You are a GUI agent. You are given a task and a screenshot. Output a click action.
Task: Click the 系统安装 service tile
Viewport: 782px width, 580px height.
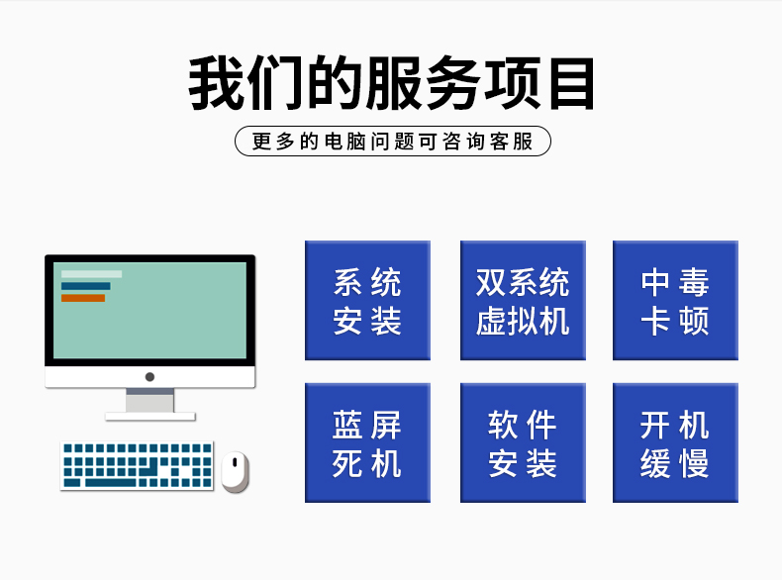tap(367, 301)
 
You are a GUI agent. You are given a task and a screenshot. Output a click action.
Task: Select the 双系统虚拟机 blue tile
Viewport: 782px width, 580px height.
tap(523, 301)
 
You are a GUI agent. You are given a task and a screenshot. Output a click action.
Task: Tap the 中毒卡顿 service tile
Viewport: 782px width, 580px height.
tap(675, 301)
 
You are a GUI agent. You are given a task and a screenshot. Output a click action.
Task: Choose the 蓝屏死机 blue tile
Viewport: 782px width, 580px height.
tap(367, 443)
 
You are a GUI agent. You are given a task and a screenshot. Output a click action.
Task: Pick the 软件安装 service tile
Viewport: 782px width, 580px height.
tap(523, 443)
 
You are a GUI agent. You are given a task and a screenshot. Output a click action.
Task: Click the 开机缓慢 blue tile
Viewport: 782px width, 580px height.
tap(675, 443)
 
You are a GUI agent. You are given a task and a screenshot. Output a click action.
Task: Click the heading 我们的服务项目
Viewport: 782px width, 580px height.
tap(392, 84)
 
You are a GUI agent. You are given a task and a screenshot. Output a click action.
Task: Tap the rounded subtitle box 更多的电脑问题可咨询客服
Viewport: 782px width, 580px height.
tap(392, 142)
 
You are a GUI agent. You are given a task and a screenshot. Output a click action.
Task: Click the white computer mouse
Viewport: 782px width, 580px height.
tap(235, 470)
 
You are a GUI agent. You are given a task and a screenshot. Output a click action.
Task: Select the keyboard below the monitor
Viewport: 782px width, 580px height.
tap(138, 464)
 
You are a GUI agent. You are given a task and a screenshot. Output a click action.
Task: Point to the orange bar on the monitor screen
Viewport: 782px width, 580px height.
tap(83, 298)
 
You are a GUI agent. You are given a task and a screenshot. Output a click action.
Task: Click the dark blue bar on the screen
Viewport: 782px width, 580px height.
tap(86, 286)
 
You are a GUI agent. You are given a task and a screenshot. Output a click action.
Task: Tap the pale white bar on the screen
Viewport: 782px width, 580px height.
tap(91, 274)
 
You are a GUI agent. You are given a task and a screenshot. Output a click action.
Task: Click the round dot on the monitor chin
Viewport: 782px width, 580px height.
tap(149, 377)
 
